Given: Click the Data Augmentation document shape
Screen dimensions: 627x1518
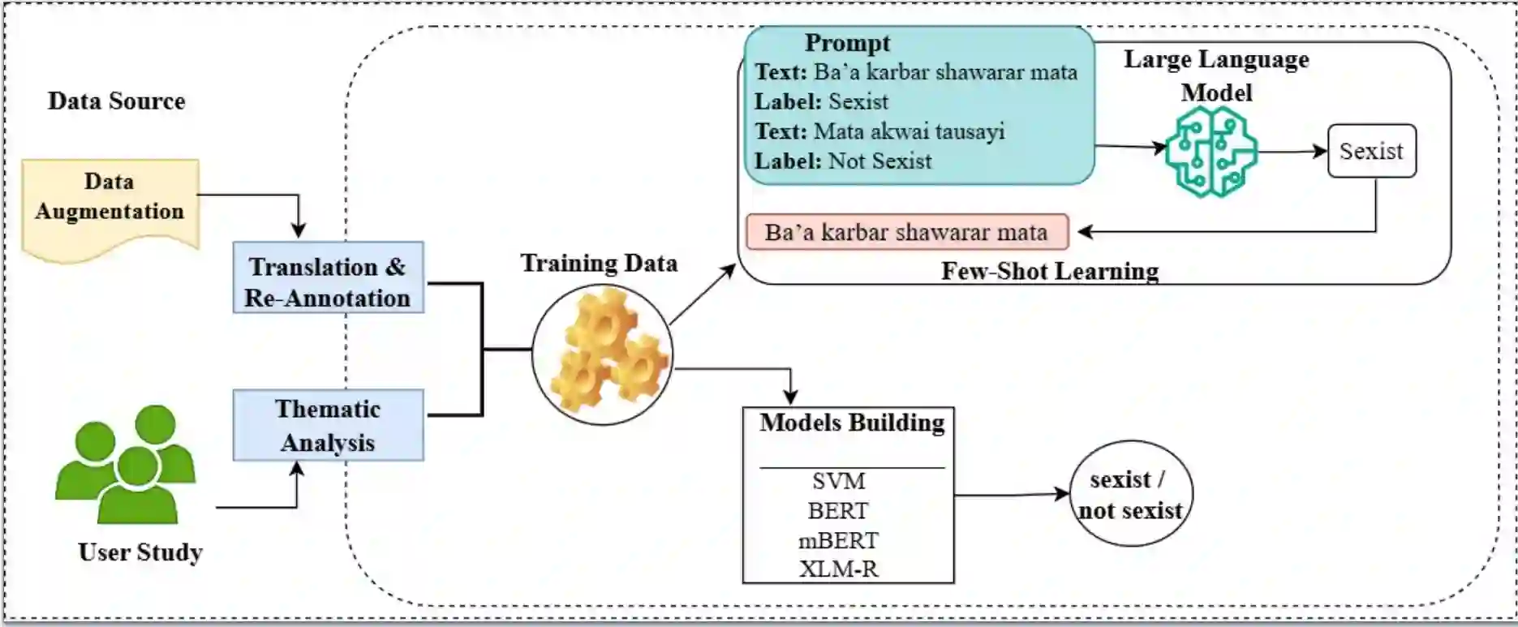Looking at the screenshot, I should [110, 203].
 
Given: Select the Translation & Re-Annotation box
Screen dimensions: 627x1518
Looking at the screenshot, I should [328, 277].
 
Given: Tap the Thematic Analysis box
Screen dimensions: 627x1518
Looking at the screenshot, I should [328, 425].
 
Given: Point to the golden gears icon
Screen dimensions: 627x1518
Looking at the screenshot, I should [602, 354].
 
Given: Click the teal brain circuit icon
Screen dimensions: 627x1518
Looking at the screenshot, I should [1211, 151].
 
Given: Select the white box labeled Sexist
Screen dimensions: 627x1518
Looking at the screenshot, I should [1371, 151].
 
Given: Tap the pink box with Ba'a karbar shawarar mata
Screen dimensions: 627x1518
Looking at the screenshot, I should [906, 232].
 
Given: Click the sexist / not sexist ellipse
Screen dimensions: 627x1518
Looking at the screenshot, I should [1131, 494].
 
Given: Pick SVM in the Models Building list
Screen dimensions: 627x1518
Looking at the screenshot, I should [839, 481].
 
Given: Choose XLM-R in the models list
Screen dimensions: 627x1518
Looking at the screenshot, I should [839, 569].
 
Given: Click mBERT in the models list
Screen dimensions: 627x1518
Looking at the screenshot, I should [839, 540].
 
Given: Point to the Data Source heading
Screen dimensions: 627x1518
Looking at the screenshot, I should [116, 101].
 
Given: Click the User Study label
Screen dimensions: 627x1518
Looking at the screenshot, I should [140, 552].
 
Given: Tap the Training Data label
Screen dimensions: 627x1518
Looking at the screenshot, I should [599, 263].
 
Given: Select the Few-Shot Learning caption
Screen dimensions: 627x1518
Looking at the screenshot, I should [1050, 271].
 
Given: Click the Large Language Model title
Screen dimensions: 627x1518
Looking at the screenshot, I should [1216, 75].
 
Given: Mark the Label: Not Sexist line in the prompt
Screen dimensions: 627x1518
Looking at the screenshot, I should [843, 161].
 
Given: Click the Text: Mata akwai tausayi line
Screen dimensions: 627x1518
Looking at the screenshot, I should [879, 131].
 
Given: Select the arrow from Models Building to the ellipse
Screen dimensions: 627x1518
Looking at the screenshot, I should [1011, 494].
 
